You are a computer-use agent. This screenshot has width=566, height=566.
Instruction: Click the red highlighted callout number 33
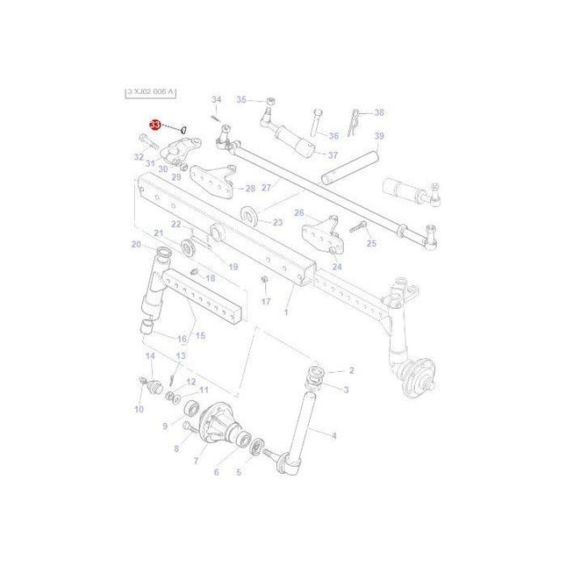(155, 126)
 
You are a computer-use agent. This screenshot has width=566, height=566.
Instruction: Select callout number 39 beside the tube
(379, 136)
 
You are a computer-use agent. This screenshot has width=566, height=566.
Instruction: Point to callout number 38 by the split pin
(379, 112)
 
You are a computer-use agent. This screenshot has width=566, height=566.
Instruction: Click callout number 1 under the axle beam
(286, 312)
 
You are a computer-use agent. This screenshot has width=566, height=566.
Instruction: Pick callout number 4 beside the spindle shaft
(333, 434)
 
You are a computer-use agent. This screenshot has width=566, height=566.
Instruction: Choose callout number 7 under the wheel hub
(196, 460)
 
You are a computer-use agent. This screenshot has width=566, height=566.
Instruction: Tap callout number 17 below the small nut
(265, 301)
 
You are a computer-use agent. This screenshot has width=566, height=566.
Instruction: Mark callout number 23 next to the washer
(277, 223)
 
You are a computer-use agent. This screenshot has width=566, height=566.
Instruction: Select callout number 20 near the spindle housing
(136, 245)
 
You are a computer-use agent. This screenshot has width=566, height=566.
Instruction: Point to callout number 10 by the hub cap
(139, 410)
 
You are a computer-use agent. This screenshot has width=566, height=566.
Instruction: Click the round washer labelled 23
(250, 213)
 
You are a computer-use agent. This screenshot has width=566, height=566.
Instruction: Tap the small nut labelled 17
(264, 281)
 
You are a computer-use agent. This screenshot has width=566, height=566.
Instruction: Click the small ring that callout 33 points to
(184, 130)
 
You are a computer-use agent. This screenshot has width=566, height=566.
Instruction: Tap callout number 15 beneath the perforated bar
(199, 335)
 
